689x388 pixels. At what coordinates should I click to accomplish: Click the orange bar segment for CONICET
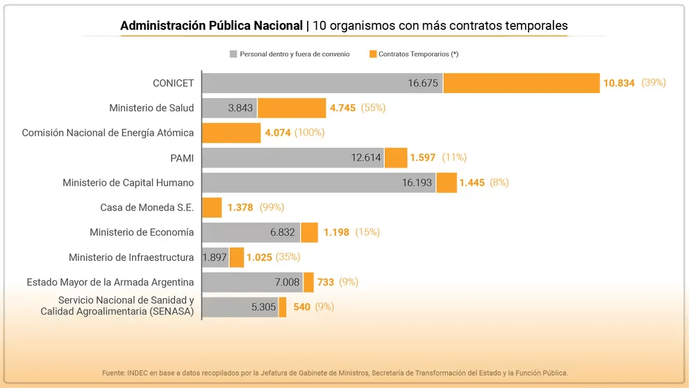click(x=521, y=83)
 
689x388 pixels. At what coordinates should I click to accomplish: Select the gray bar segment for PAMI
click(x=292, y=158)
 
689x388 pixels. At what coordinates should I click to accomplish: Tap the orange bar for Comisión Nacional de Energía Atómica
click(x=231, y=133)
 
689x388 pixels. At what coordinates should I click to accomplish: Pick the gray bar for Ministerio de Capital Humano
click(x=318, y=183)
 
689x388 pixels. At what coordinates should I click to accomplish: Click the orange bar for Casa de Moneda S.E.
click(x=212, y=207)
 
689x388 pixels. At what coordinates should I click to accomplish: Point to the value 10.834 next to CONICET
click(x=619, y=83)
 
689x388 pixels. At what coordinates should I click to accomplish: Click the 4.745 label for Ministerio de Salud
click(x=342, y=108)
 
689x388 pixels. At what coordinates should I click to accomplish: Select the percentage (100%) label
click(x=309, y=133)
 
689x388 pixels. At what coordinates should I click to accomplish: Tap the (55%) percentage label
click(x=373, y=108)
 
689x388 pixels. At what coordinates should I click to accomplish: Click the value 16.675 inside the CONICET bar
click(x=422, y=83)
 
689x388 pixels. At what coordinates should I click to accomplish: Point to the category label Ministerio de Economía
click(x=142, y=232)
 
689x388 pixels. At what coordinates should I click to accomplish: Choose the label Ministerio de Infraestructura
click(x=131, y=257)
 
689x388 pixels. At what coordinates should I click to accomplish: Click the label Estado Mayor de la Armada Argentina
click(x=110, y=282)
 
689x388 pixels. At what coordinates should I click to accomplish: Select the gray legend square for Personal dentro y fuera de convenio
click(x=233, y=54)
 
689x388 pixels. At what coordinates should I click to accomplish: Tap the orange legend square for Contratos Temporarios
click(x=372, y=54)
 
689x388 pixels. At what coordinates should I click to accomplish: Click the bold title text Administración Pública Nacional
click(x=211, y=26)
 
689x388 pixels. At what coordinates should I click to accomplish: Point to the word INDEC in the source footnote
click(x=137, y=373)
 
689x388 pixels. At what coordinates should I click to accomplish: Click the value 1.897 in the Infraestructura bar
click(x=215, y=258)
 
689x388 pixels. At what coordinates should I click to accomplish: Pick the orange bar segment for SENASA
click(x=283, y=307)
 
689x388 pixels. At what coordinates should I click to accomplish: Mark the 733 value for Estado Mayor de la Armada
click(x=326, y=282)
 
